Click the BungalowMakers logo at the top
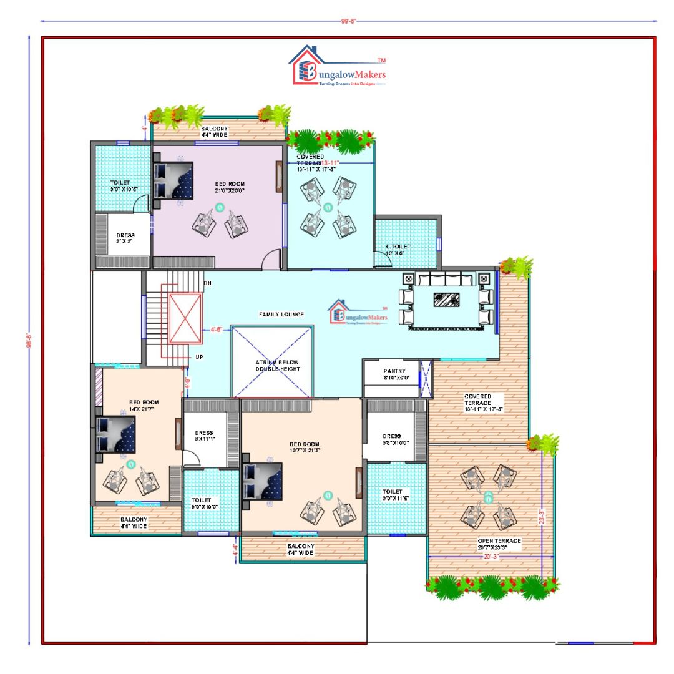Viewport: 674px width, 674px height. (x=338, y=66)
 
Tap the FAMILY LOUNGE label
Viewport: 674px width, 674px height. (x=281, y=315)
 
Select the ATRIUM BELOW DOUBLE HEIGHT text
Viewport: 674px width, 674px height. (x=278, y=366)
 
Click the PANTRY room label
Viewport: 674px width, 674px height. (x=394, y=371)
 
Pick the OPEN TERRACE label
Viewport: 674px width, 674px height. (x=499, y=541)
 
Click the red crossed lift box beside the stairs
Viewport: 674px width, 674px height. (x=186, y=318)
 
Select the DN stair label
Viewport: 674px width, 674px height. (x=208, y=283)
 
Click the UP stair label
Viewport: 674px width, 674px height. (x=200, y=357)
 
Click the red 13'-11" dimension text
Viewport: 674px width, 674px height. (x=331, y=163)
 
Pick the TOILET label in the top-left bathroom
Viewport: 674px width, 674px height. (x=120, y=183)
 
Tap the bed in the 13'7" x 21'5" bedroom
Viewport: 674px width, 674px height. (x=262, y=481)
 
